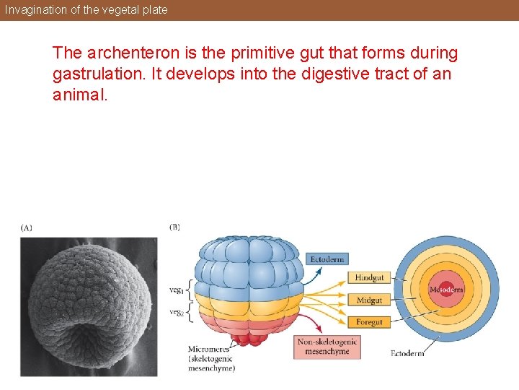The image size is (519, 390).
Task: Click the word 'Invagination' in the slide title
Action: [x=35, y=9]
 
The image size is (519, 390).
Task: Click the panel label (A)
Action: [x=27, y=227]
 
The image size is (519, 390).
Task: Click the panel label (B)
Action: [x=174, y=227]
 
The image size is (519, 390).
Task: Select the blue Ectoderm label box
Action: [x=327, y=259]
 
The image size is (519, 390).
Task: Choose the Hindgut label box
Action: [x=369, y=277]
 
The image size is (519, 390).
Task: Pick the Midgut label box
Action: [x=369, y=299]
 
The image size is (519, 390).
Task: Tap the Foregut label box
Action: [x=369, y=321]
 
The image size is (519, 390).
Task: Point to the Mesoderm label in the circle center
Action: [x=446, y=290]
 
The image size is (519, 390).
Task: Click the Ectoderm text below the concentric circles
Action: [x=407, y=353]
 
